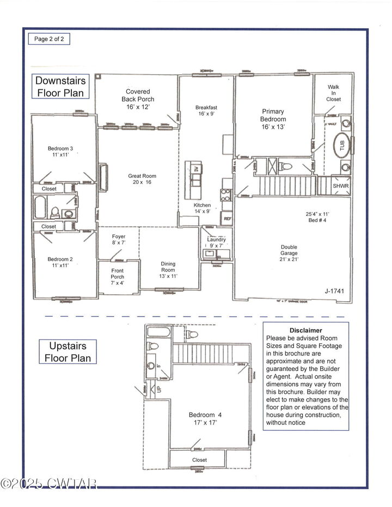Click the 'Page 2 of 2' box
click(x=49, y=39)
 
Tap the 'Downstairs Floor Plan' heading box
click(x=60, y=86)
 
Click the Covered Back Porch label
click(x=138, y=99)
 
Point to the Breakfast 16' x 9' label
click(x=206, y=111)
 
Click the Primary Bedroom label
click(x=273, y=119)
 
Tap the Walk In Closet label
click(x=334, y=93)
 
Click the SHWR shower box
click(x=341, y=186)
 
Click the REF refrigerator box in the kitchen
click(x=227, y=219)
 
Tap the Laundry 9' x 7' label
click(x=216, y=243)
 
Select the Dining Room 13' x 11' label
click(x=168, y=270)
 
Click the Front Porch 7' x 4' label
click(x=118, y=276)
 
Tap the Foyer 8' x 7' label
click(x=119, y=240)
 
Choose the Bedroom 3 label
click(x=60, y=152)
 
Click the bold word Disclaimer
click(x=305, y=330)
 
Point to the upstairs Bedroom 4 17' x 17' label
click(x=205, y=418)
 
